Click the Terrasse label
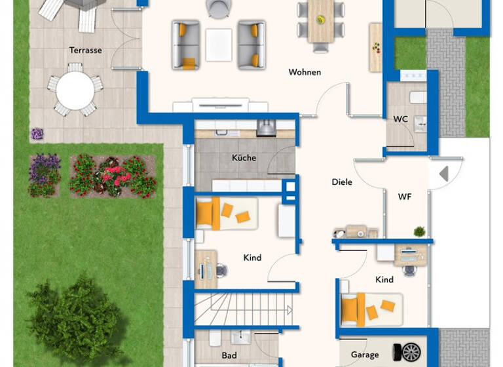pos(85,50)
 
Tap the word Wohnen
pos(305,72)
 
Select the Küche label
pos(244,158)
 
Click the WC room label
pos(400,119)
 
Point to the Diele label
pos(342,182)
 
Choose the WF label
pos(404,196)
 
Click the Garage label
pos(364,355)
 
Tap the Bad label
pos(229,356)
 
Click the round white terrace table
pos(75,90)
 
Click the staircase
pos(242,309)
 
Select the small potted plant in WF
pos(419,231)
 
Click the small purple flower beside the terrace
pos(37,134)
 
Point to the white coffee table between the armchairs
pos(219,45)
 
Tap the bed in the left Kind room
pos(226,214)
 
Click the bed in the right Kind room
pos(371,308)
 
